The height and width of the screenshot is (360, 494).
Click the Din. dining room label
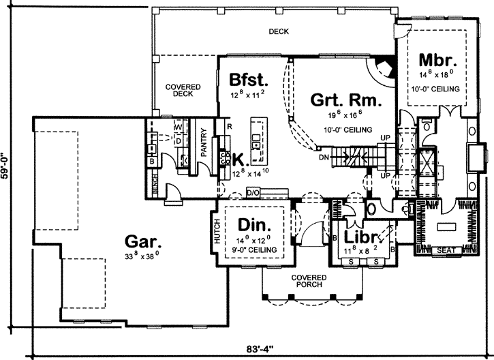click(x=255, y=224)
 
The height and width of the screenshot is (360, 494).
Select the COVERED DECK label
click(x=183, y=90)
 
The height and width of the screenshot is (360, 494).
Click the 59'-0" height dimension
click(x=7, y=164)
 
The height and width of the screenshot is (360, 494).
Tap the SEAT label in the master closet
click(x=447, y=250)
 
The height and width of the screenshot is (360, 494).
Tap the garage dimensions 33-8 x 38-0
click(x=144, y=256)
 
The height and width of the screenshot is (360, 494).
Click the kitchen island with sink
click(x=258, y=140)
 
